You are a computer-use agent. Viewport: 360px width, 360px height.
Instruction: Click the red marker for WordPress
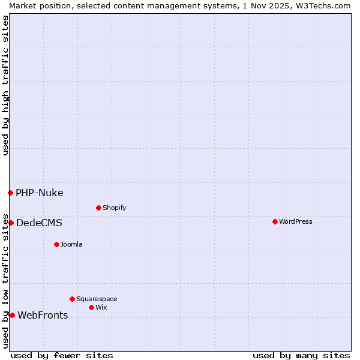click(x=275, y=221)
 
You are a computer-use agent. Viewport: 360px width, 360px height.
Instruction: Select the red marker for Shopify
click(x=98, y=208)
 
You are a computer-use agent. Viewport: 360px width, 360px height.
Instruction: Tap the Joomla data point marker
click(x=56, y=244)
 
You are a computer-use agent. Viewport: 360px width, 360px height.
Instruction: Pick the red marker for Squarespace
click(x=72, y=299)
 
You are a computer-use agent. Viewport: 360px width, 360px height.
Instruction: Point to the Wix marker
click(x=91, y=307)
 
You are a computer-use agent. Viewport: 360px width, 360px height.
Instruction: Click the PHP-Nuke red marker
click(x=10, y=193)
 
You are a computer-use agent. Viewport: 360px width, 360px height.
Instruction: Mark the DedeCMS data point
click(x=11, y=223)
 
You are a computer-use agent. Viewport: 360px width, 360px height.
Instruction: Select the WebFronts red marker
click(x=12, y=315)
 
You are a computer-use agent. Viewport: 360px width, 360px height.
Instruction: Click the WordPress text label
click(x=296, y=221)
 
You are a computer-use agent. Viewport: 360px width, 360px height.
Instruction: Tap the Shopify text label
click(x=115, y=208)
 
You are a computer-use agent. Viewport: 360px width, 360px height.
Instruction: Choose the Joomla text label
click(x=71, y=244)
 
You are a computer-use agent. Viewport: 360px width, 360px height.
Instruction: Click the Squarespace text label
click(x=97, y=299)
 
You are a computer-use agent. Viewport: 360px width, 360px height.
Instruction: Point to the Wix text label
click(x=101, y=307)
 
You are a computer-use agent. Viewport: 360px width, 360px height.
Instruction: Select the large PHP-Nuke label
click(x=40, y=193)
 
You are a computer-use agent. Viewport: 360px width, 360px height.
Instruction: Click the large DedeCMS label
click(x=39, y=223)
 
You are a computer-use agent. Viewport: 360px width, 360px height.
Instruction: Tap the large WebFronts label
click(x=43, y=315)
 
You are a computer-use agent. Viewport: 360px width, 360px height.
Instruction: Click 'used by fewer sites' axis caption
click(x=62, y=355)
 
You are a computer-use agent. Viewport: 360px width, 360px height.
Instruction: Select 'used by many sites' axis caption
click(x=301, y=355)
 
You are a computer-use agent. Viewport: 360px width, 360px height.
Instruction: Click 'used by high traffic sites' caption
click(x=5, y=85)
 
